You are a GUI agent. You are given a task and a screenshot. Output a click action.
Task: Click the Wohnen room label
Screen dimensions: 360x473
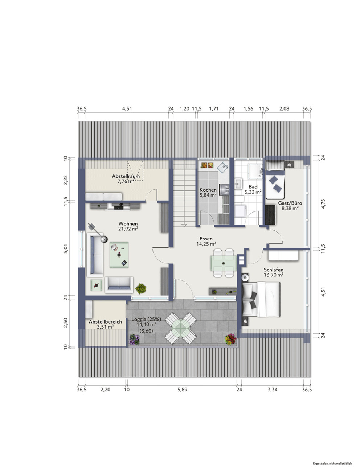point(128,224)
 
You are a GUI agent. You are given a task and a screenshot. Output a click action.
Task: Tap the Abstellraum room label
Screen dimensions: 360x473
point(126,176)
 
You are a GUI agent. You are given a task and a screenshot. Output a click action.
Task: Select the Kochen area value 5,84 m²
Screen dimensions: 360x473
point(208,195)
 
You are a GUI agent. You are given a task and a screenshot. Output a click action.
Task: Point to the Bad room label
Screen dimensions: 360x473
point(253,186)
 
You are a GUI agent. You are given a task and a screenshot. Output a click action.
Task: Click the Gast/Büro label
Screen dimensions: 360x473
point(290,203)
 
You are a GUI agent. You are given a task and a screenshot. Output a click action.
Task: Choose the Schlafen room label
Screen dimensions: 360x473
point(274,270)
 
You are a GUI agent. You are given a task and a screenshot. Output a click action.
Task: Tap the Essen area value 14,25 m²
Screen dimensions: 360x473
point(206,244)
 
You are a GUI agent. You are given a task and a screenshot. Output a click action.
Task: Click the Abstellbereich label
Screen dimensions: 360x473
point(105,321)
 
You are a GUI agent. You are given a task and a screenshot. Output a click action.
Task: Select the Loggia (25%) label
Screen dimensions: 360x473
point(146,319)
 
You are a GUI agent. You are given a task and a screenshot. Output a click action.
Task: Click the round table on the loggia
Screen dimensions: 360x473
point(181,328)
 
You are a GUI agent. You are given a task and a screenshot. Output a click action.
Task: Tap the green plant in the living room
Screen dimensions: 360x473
point(141,288)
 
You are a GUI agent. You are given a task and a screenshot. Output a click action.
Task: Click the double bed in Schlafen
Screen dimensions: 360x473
point(261,300)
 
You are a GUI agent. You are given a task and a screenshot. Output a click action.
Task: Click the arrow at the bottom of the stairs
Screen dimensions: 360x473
point(184,225)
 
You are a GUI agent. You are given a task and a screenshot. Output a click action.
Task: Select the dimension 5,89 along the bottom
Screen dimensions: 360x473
point(183,390)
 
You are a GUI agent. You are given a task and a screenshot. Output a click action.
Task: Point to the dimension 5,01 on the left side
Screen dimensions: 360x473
point(66,249)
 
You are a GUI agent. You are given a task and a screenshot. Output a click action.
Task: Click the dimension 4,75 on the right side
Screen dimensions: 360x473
point(323,203)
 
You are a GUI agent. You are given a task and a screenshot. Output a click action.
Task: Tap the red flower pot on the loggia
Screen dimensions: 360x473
point(230,340)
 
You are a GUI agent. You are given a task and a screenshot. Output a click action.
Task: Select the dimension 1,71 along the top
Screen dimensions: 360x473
point(214,108)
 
